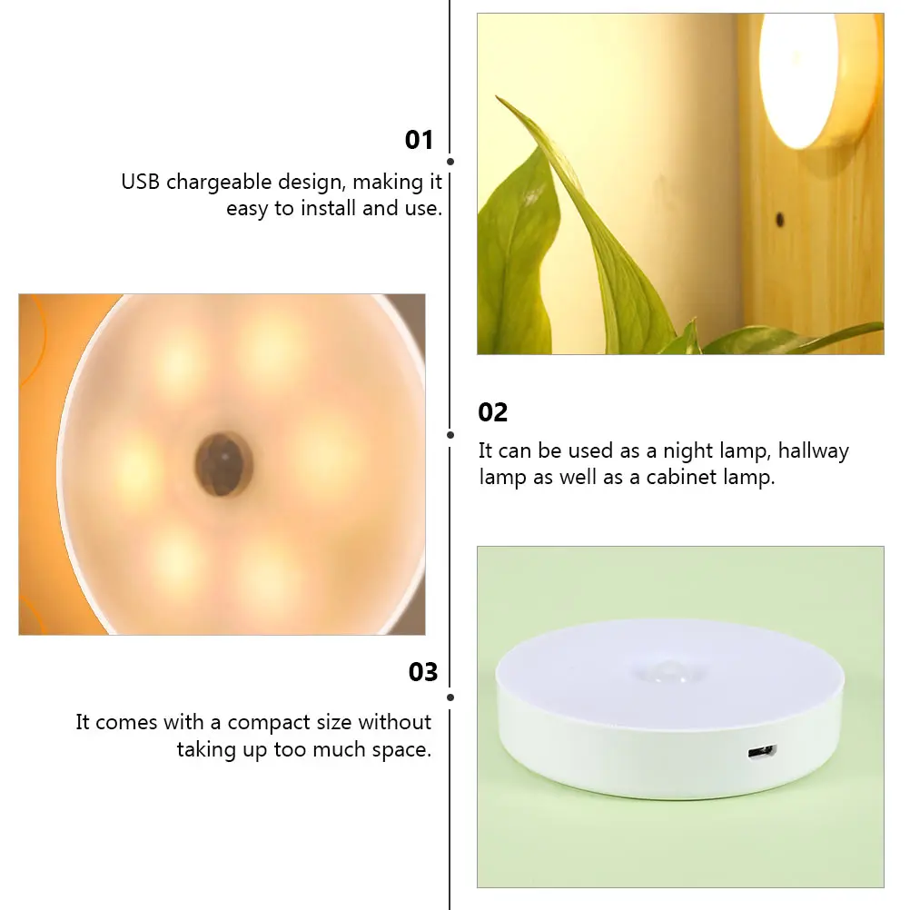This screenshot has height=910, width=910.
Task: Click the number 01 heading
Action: pyautogui.click(x=419, y=140)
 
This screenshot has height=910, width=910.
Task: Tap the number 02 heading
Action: pyautogui.click(x=493, y=412)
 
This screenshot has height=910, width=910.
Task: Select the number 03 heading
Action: pyautogui.click(x=423, y=671)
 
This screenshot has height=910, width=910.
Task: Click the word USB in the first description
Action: pyautogui.click(x=140, y=182)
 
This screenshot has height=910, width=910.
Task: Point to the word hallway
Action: pyautogui.click(x=813, y=451)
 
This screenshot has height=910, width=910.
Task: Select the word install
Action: pyautogui.click(x=329, y=208)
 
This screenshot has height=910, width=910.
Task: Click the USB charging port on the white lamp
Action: pyautogui.click(x=762, y=752)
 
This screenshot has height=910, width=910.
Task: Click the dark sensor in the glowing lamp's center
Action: pyautogui.click(x=223, y=464)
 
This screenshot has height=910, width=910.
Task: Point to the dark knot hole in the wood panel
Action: pyautogui.click(x=780, y=220)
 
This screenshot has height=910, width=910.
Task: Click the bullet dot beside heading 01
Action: pyautogui.click(x=450, y=162)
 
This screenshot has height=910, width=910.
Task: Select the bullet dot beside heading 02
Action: pyautogui.click(x=450, y=435)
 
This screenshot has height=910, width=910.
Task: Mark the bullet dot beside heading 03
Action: pyautogui.click(x=450, y=697)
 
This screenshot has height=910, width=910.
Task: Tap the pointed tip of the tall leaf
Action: pyautogui.click(x=498, y=97)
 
